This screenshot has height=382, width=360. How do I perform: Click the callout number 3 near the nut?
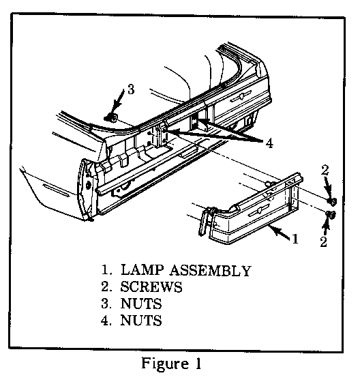[x=131, y=89]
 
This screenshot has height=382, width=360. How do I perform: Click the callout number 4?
[x=269, y=143]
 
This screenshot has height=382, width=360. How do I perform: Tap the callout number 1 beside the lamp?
[x=295, y=239]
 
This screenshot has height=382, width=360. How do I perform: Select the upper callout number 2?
[x=325, y=170]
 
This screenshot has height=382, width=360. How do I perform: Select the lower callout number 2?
[x=323, y=242]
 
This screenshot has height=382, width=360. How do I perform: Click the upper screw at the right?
[x=332, y=201]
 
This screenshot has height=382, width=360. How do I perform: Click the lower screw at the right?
[x=331, y=215]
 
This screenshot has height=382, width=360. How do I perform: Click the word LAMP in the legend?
[x=142, y=270]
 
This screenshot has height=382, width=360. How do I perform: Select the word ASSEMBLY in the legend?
[x=211, y=270]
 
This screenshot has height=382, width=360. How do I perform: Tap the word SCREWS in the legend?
[x=151, y=286]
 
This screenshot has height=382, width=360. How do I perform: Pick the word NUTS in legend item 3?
[x=141, y=304]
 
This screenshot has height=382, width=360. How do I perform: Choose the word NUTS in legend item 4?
[x=141, y=320]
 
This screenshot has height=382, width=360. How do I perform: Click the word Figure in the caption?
[x=166, y=364]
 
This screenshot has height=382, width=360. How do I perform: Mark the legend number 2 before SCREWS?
[x=106, y=286]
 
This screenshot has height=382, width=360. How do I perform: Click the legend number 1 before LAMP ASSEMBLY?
[x=106, y=270]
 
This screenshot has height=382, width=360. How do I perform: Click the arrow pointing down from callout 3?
[x=118, y=101]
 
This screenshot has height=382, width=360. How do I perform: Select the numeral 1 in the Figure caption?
[x=198, y=364]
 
